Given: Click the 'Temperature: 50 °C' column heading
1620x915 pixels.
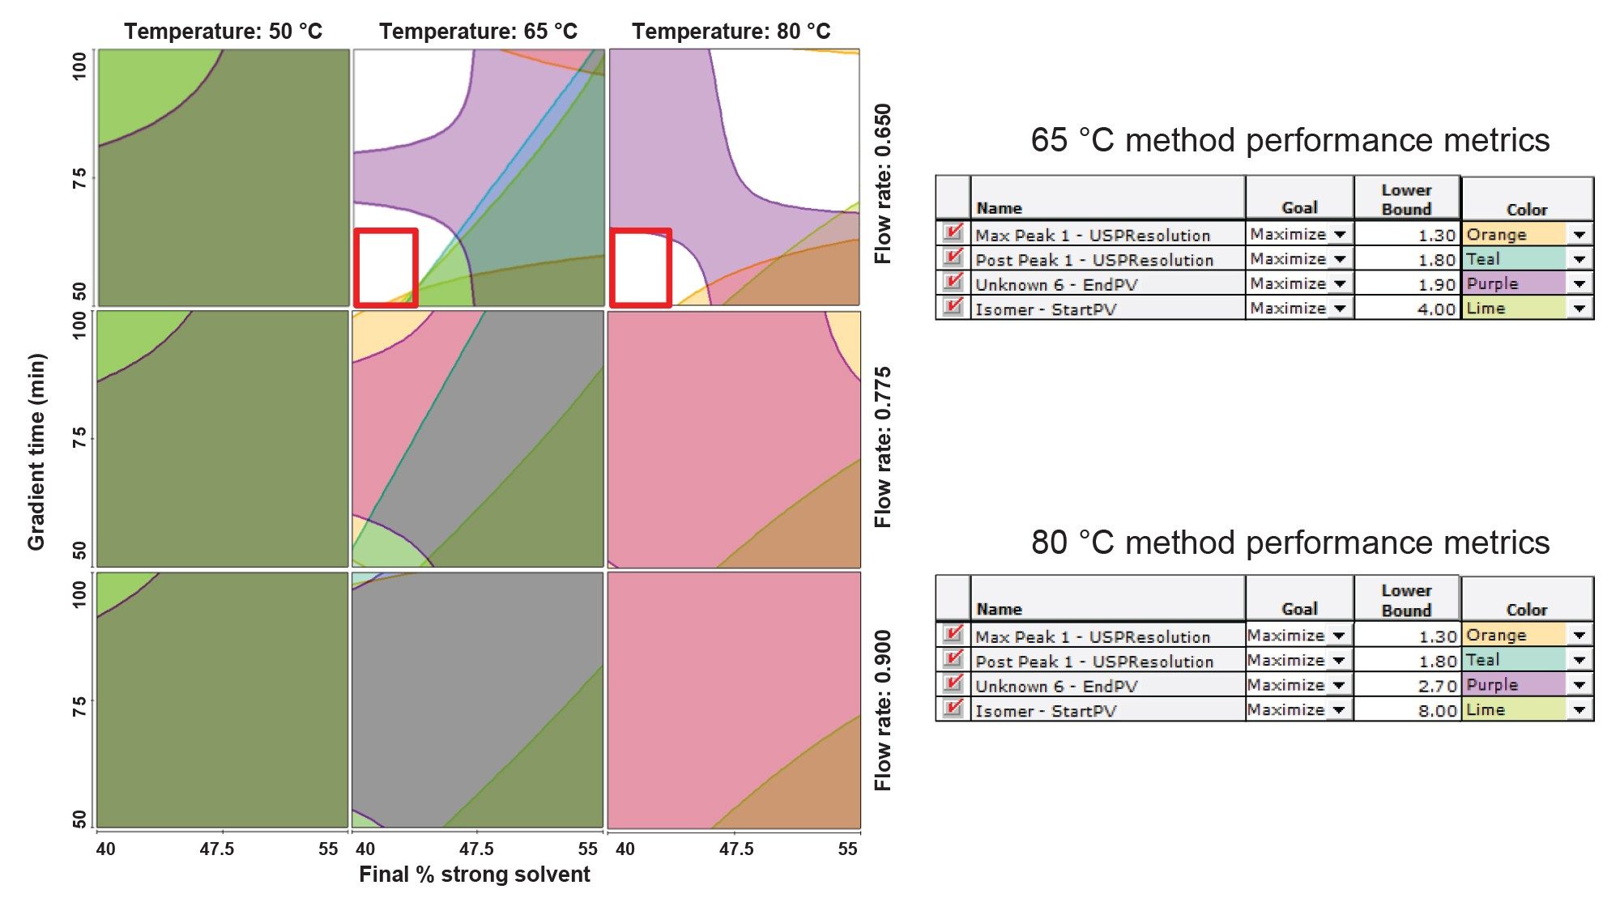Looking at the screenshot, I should click(x=223, y=32).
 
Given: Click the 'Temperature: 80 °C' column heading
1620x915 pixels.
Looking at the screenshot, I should click(x=731, y=32).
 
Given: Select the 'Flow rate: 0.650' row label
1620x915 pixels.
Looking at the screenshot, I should click(x=883, y=183).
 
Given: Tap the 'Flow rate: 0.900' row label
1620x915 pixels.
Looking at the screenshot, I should click(x=883, y=710).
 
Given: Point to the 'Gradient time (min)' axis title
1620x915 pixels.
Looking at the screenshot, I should click(x=36, y=452).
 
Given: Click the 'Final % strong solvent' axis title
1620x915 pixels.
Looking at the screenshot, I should click(x=474, y=875).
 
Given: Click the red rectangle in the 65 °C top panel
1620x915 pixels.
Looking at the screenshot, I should click(x=386, y=268).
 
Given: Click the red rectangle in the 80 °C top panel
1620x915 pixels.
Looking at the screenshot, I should click(x=641, y=268).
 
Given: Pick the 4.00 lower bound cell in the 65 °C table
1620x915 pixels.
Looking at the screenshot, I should click(x=1408, y=309).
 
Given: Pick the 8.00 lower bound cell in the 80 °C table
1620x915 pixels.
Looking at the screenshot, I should click(x=1408, y=710).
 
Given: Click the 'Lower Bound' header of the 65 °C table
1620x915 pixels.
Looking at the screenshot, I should click(x=1406, y=199).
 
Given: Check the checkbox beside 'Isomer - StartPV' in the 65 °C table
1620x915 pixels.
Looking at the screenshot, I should click(x=953, y=307).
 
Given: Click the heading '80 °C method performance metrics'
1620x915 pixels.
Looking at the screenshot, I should click(x=1290, y=543).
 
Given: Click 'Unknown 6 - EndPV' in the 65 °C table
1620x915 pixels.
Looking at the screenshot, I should click(x=1056, y=284).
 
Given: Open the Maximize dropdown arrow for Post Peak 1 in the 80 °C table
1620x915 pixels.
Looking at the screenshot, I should click(x=1339, y=661).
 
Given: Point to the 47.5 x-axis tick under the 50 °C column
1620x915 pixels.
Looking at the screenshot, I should click(x=217, y=849).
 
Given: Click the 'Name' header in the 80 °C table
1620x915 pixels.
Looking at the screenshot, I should click(x=999, y=609).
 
